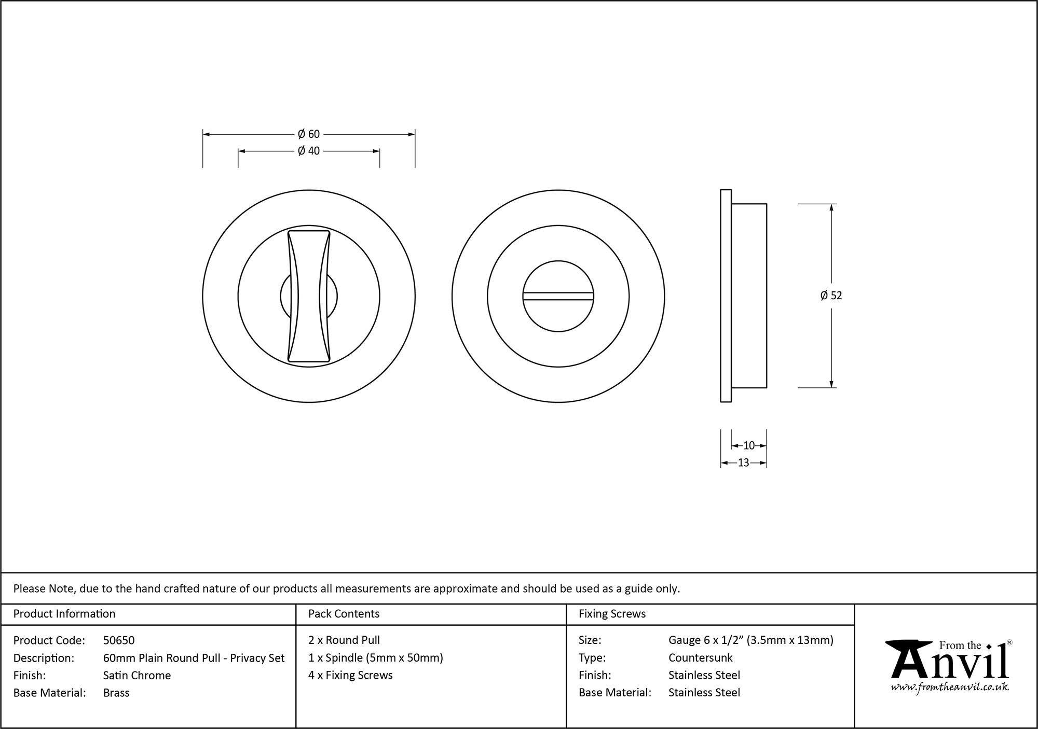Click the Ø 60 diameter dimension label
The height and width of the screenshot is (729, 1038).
309,134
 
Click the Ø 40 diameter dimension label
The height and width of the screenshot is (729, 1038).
309,151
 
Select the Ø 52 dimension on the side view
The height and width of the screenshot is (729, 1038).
831,296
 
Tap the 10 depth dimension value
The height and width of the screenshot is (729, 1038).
749,445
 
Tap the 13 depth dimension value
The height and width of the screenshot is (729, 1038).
743,463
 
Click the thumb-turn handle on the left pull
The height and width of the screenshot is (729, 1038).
309,296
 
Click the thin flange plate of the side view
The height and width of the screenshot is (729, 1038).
726,296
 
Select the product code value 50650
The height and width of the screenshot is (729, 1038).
119,640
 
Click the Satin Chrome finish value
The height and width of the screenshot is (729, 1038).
137,675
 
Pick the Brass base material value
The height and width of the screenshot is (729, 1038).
116,693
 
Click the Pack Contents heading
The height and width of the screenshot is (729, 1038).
344,614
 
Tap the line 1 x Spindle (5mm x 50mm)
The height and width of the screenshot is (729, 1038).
375,658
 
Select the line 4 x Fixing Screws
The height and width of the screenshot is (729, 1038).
350,675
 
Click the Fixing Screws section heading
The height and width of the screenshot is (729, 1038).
612,614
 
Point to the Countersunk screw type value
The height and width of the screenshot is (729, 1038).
700,658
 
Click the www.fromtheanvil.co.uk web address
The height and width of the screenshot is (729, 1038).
950,688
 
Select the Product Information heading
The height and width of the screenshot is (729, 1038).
64,614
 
